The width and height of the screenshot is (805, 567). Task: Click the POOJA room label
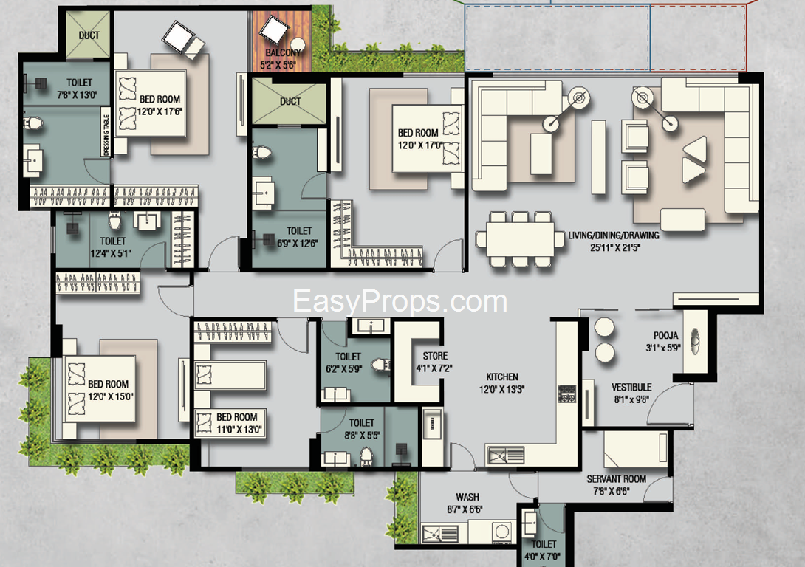pos(666,336)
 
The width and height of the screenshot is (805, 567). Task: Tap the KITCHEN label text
pos(502,377)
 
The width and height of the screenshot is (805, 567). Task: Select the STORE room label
pos(435,356)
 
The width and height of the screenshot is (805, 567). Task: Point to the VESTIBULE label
pos(631,387)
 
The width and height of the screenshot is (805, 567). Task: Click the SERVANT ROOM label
pos(616,478)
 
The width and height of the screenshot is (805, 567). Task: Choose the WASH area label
pos(467,497)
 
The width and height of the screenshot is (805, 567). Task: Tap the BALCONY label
pos(283,52)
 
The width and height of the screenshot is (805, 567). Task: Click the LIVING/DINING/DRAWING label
pos(614,236)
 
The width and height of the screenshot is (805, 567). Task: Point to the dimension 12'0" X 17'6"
pos(160,111)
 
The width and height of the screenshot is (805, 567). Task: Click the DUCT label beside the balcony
pos(290,102)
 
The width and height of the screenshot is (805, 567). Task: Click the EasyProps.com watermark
pos(400,301)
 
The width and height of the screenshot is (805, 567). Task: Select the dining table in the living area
pos(520,240)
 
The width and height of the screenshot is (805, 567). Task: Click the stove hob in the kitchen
pos(566,393)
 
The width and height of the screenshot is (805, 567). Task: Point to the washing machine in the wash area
pos(501,532)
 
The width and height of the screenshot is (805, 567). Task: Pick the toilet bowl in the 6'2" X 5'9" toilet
pos(382,365)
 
